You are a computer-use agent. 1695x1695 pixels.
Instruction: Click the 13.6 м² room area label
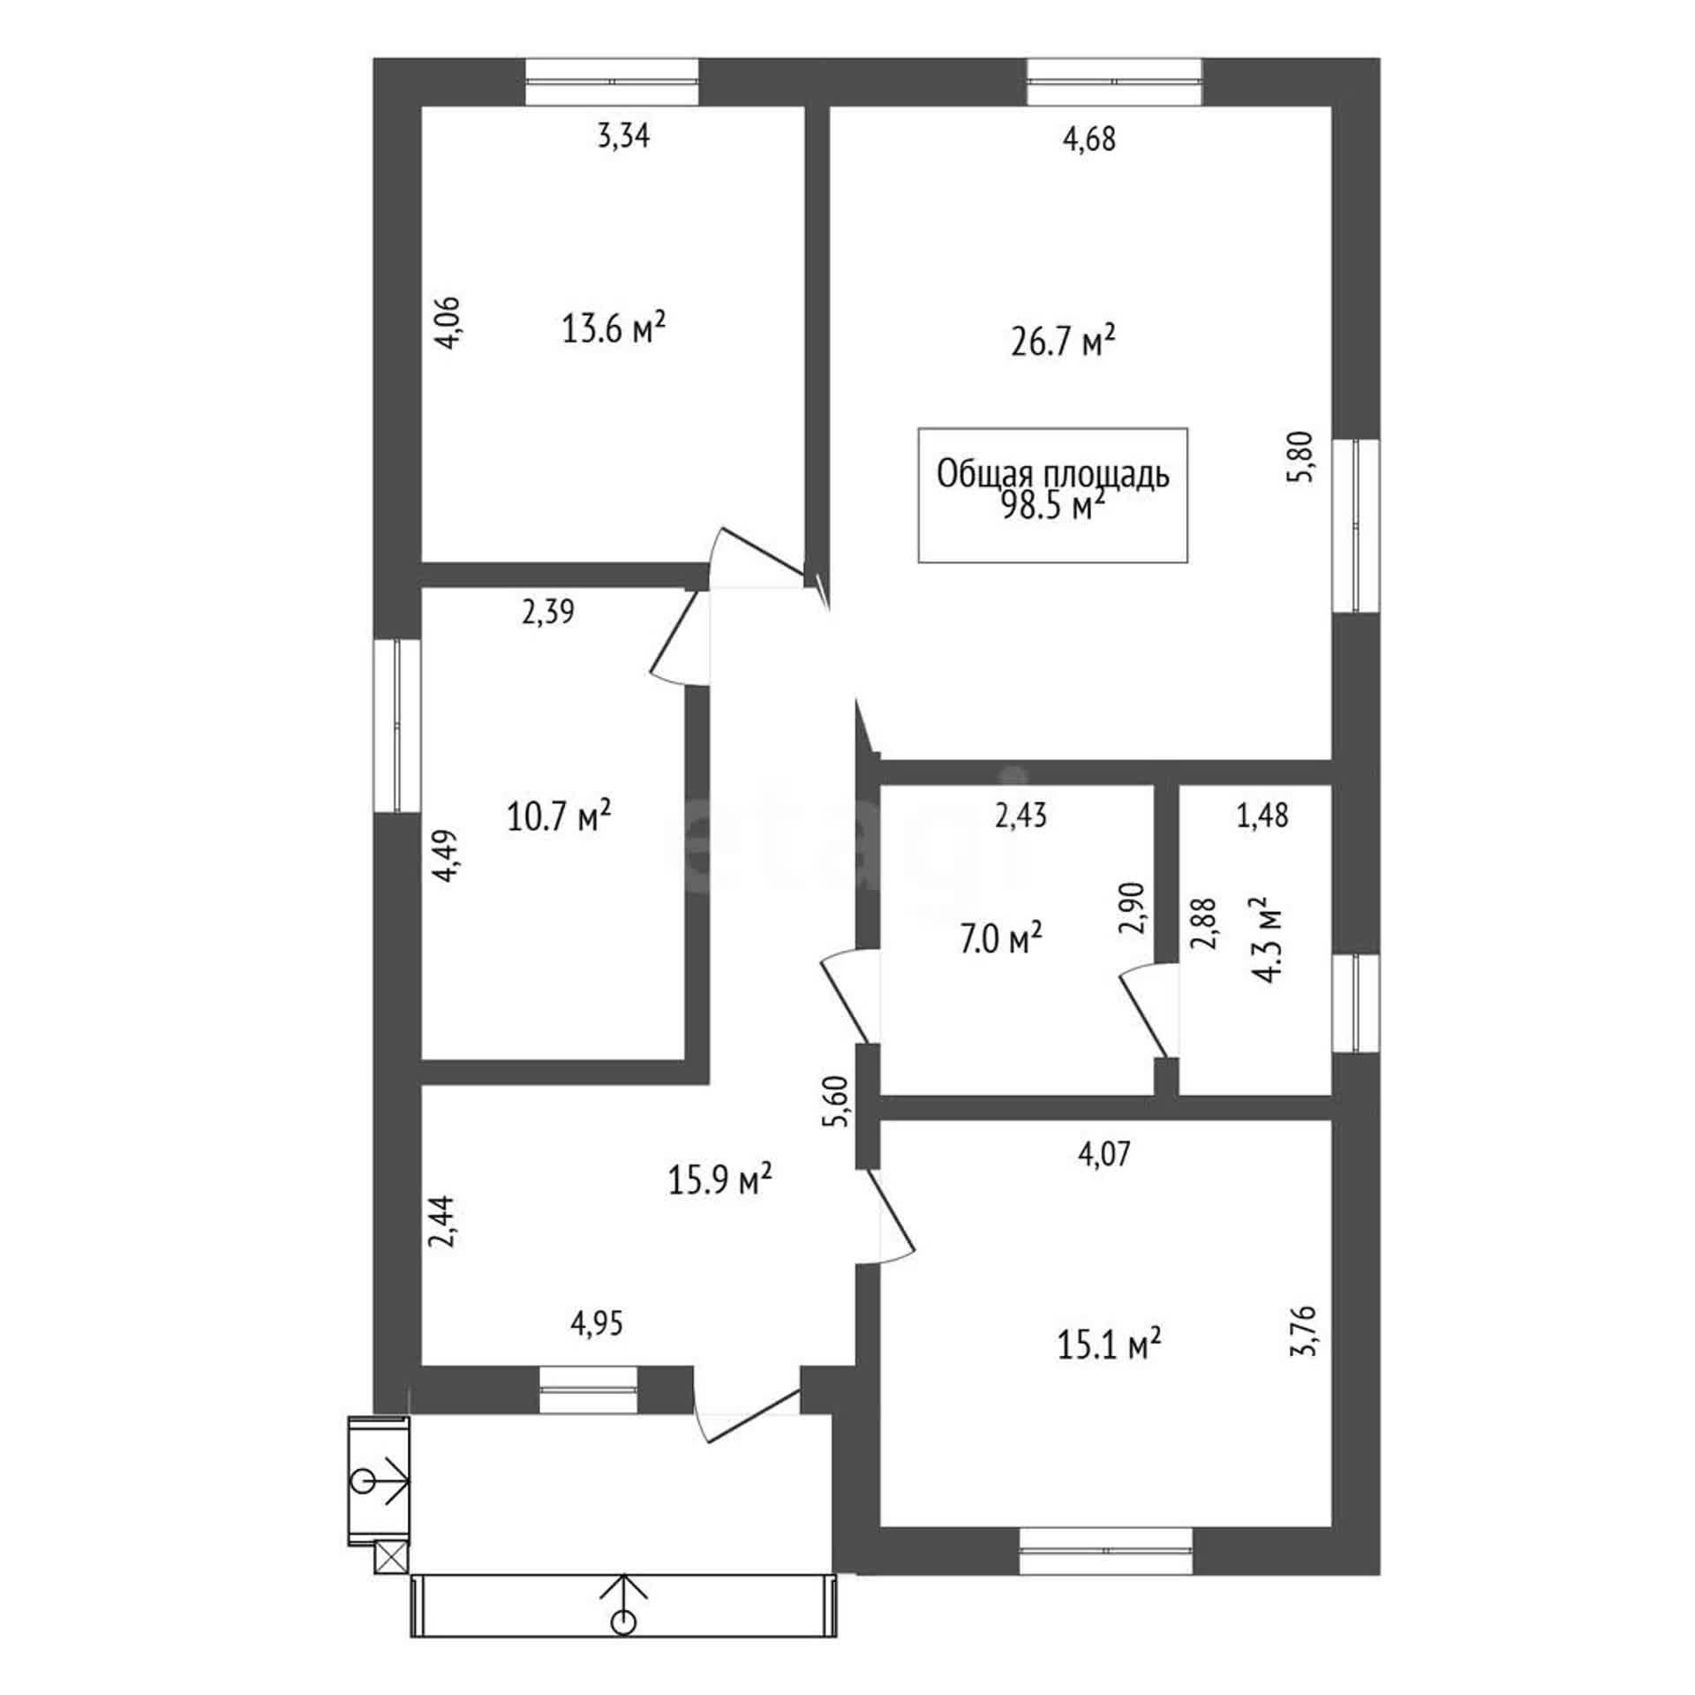click(x=614, y=329)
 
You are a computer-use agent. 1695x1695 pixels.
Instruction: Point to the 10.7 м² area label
click(x=559, y=817)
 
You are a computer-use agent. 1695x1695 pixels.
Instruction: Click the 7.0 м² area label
click(x=1000, y=940)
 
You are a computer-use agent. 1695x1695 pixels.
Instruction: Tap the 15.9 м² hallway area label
click(x=720, y=1179)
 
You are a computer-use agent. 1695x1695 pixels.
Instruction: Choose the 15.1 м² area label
click(x=1108, y=1345)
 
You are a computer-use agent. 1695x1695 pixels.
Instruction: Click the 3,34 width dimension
click(x=624, y=137)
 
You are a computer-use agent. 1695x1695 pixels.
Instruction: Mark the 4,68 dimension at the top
click(x=1089, y=139)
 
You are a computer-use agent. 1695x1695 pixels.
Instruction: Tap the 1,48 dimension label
click(x=1263, y=815)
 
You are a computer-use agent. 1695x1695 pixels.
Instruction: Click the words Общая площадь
click(x=1053, y=475)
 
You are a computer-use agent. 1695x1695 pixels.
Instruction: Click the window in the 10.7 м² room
click(x=396, y=725)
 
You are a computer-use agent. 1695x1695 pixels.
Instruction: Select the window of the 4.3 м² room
click(x=1355, y=1004)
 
